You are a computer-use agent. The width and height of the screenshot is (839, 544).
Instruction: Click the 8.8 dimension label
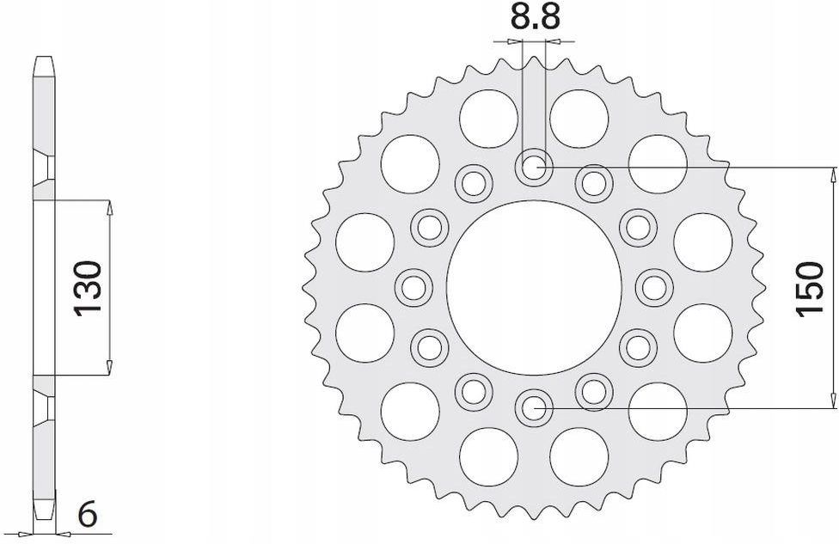(532, 18)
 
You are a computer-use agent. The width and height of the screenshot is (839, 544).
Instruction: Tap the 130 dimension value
(91, 287)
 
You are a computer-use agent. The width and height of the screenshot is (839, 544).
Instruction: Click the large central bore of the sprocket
(533, 286)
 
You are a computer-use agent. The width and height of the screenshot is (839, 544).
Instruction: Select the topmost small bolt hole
(533, 167)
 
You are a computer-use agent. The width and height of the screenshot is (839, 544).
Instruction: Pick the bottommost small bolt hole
(533, 406)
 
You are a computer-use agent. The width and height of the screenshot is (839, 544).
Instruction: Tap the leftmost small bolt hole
(413, 286)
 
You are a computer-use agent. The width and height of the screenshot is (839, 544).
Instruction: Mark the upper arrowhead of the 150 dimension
(831, 174)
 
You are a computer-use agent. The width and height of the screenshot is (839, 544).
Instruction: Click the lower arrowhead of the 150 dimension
(831, 400)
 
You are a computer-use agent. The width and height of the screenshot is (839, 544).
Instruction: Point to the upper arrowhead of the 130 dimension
(109, 207)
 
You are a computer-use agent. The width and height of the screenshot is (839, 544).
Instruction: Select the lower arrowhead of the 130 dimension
(109, 367)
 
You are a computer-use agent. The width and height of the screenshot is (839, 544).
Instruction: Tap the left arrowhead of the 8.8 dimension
(515, 40)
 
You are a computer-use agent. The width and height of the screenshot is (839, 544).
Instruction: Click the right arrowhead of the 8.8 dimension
(551, 40)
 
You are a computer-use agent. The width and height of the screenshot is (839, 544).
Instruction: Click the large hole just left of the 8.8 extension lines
(487, 118)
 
